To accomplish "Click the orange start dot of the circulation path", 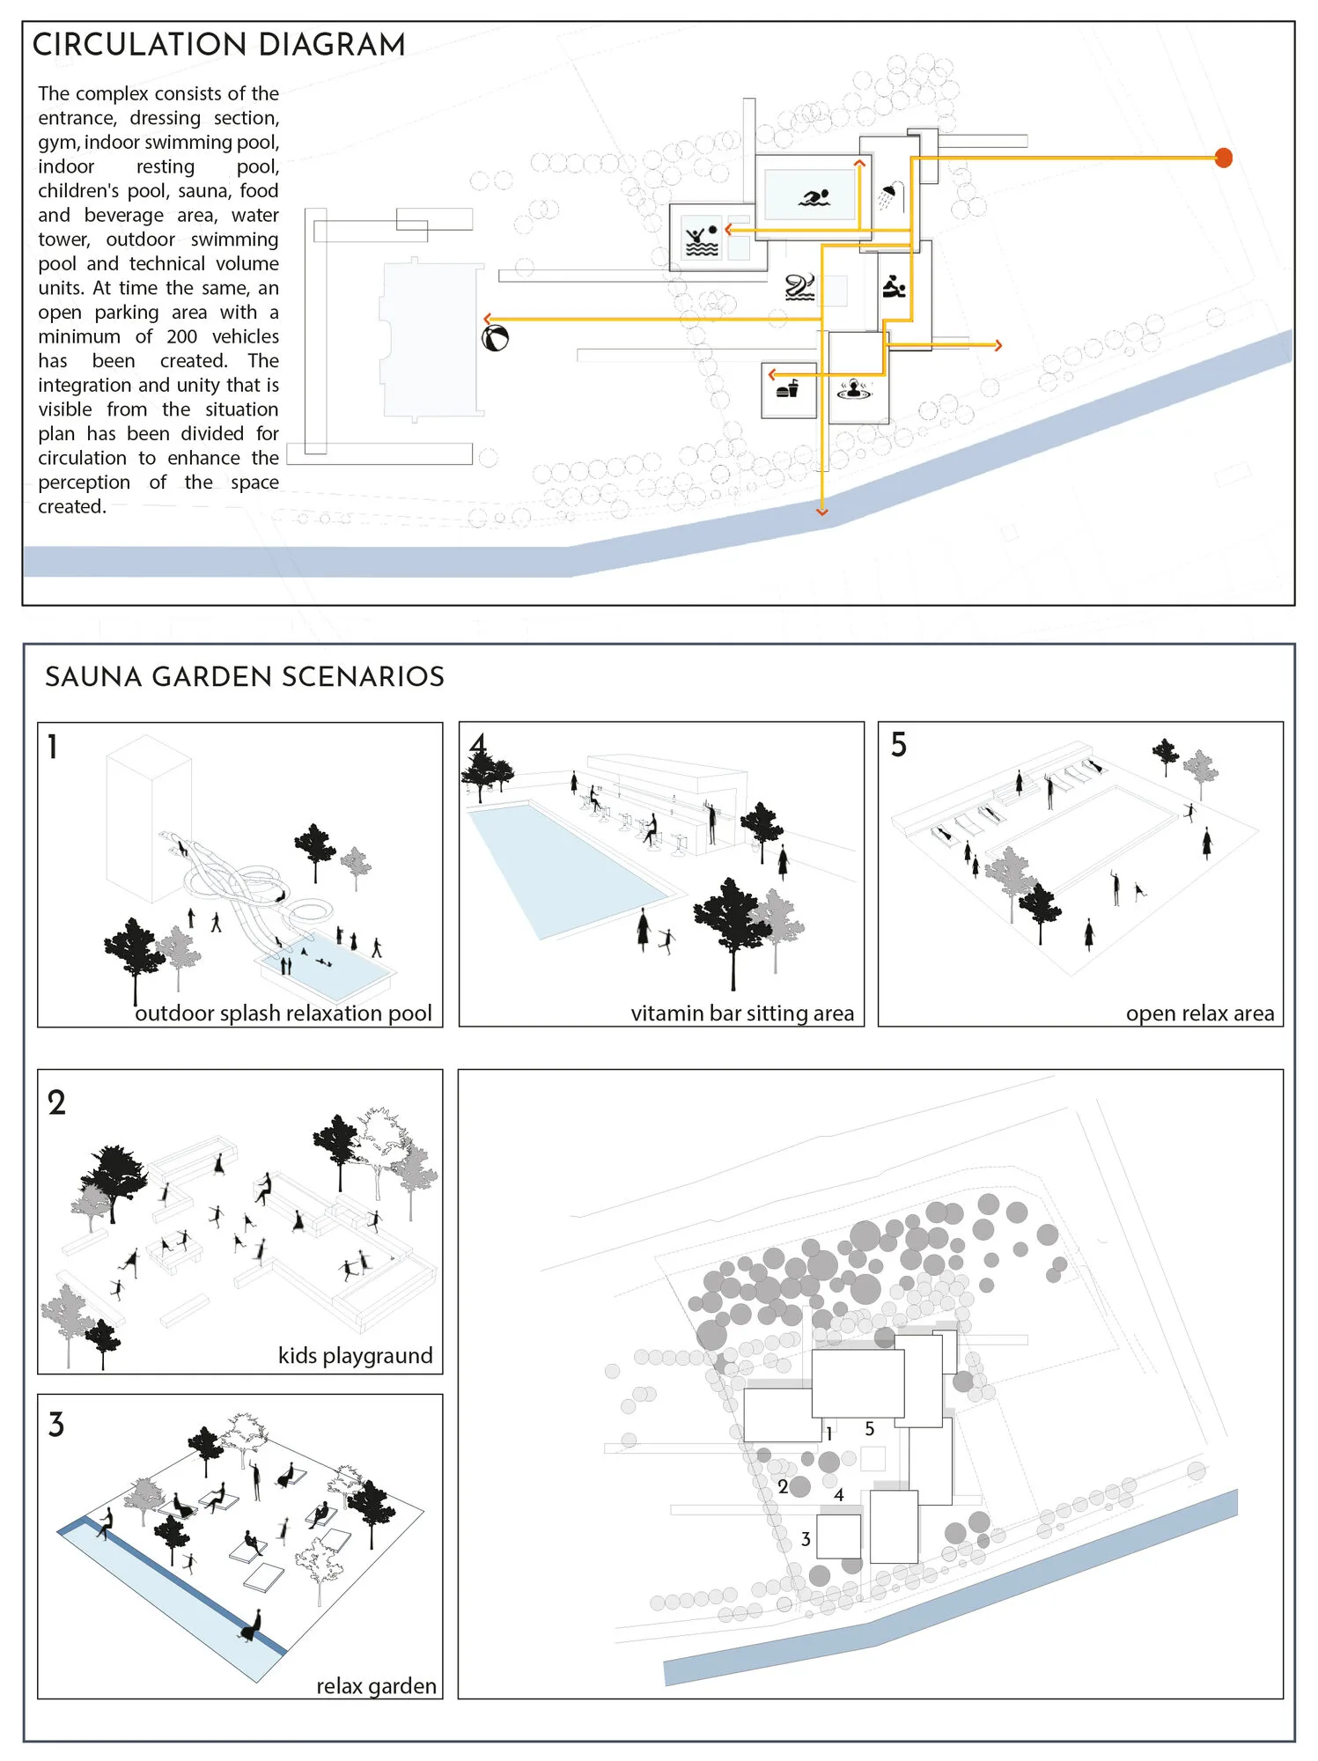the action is [1223, 158].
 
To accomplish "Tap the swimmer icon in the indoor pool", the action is [814, 197].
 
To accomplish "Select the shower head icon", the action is [891, 196].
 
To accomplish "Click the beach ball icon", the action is [496, 338].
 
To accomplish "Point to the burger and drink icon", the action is [787, 388].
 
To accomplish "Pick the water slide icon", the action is [799, 287].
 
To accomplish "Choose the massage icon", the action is [894, 286].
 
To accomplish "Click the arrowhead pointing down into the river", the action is [822, 512].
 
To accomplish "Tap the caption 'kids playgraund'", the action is [356, 1355].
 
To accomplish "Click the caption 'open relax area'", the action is [1200, 1013].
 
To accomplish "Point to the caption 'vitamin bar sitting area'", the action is [742, 1013].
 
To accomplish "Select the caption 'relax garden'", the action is [376, 1686].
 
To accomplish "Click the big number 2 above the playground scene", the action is [56, 1102].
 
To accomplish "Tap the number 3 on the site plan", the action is [806, 1539].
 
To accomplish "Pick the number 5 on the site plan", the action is [870, 1429].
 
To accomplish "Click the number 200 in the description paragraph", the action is [182, 336].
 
